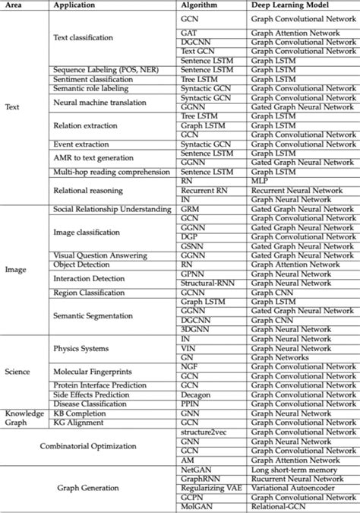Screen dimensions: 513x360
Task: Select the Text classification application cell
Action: [84, 37]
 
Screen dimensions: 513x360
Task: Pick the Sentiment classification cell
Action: [93, 78]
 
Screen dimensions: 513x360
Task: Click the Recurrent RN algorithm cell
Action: [198, 190]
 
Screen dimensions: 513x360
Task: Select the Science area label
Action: [18, 371]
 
